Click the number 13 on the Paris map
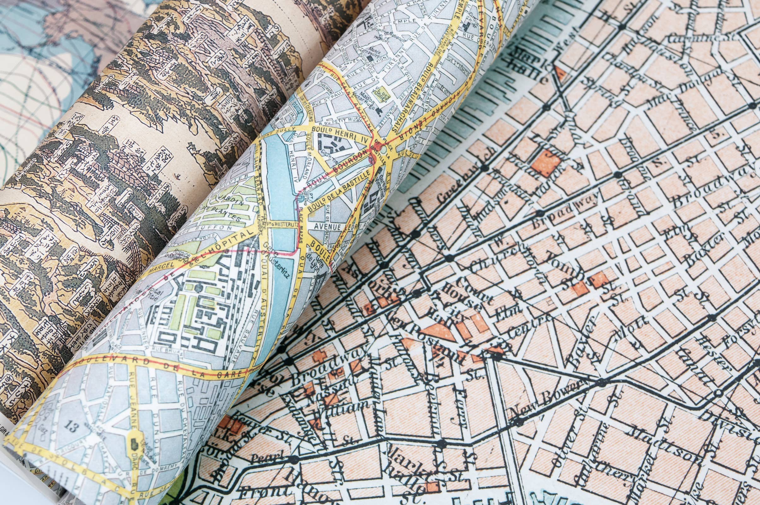(x=72, y=427)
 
